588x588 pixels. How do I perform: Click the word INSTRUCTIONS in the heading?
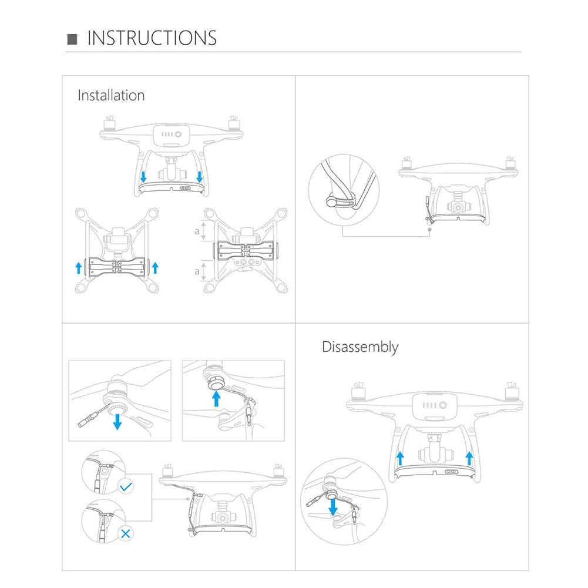152,38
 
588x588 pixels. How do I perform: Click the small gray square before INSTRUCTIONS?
73,39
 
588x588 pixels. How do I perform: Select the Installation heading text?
111,95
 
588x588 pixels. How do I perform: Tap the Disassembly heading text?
360,347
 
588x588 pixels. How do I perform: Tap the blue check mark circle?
125,486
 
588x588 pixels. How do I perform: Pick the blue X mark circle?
125,533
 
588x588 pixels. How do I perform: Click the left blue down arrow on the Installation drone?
143,176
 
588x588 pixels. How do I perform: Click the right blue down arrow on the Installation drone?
200,176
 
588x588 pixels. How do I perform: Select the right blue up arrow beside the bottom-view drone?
155,268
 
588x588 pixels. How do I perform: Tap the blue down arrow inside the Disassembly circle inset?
333,506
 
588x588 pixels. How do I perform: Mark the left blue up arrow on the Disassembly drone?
399,458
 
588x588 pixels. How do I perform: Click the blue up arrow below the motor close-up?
217,399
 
